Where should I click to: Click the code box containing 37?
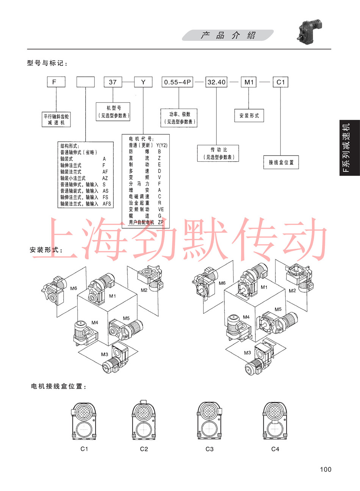click(113, 82)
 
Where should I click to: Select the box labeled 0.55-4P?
click(178, 82)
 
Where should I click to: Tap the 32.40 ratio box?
click(216, 82)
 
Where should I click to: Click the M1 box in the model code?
click(249, 82)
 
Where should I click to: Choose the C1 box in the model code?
click(281, 82)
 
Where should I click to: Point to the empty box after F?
click(86, 82)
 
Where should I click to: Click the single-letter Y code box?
click(143, 82)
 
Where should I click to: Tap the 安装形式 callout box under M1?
click(249, 115)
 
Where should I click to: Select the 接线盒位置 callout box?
click(281, 162)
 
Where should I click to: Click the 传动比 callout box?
click(218, 153)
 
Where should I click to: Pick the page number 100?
click(326, 469)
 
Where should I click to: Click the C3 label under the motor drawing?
click(210, 449)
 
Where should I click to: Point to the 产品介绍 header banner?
click(228, 36)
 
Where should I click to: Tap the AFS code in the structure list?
click(107, 204)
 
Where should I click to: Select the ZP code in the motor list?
click(161, 222)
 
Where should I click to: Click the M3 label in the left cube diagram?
click(105, 354)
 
